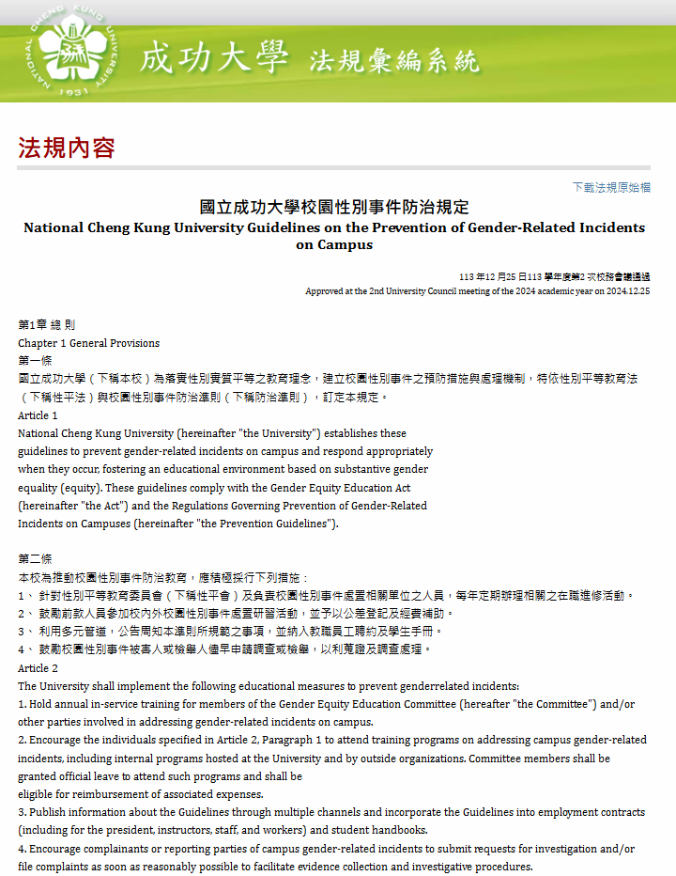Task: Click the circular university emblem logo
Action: tap(74, 51)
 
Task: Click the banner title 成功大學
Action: tap(214, 58)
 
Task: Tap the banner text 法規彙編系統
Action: tap(394, 62)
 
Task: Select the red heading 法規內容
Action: tap(66, 148)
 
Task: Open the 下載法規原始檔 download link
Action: tap(611, 187)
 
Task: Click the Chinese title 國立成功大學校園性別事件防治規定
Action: tap(334, 207)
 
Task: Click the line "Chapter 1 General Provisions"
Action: tap(89, 343)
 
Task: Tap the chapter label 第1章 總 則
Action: tap(46, 324)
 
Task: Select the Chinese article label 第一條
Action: tap(35, 361)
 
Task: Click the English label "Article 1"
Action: tap(38, 415)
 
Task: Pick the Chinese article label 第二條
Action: tap(35, 559)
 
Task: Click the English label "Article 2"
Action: tap(38, 668)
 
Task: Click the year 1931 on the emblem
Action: tap(73, 91)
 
